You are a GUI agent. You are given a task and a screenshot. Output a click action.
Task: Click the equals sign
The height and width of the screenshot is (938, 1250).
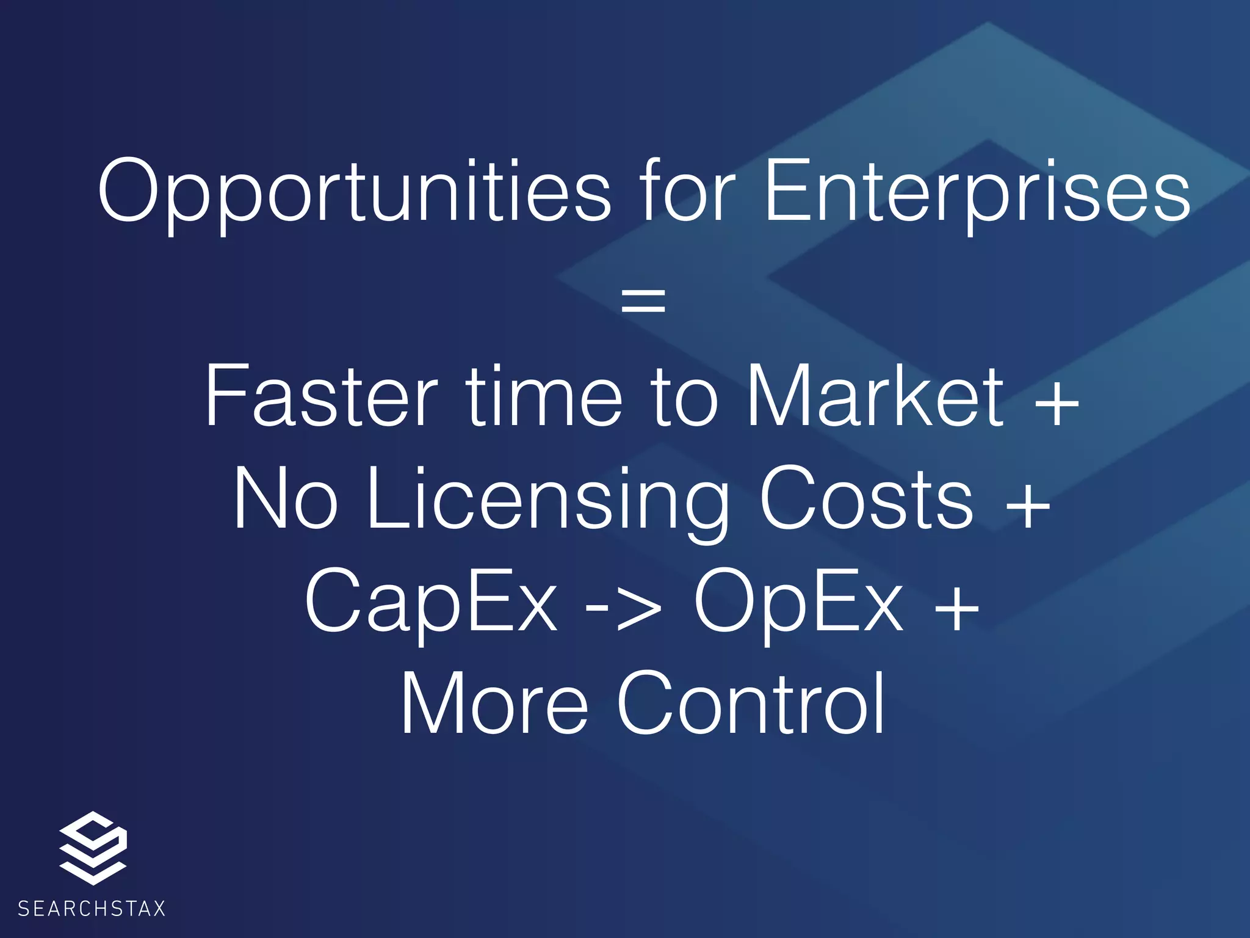pos(643,301)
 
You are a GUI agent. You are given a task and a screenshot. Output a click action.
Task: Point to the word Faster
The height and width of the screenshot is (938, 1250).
pos(321,397)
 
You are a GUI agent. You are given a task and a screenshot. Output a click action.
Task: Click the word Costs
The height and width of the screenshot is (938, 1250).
pos(867,499)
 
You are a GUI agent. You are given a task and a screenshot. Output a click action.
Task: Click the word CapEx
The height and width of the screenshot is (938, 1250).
pos(431,602)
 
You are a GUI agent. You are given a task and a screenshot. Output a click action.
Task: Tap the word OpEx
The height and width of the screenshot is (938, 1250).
pos(798,602)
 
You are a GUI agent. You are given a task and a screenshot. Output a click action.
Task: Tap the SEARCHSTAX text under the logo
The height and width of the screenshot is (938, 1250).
pos(92,909)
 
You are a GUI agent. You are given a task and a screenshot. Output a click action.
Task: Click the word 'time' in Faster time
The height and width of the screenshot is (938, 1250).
pos(544,397)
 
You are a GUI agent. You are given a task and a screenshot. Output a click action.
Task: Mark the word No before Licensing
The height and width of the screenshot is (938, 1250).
pos(285,499)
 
